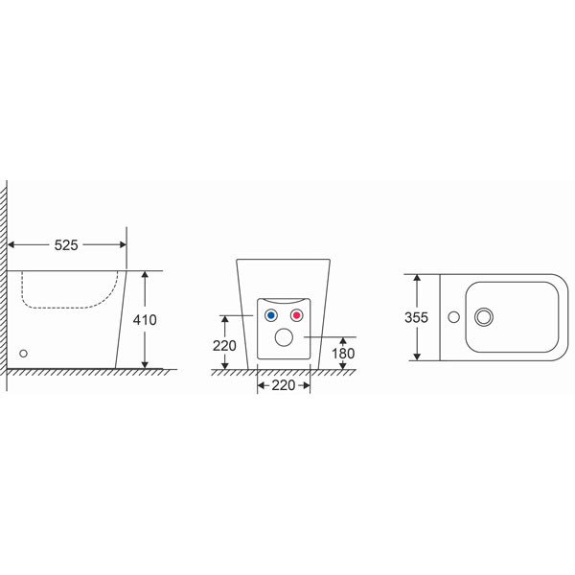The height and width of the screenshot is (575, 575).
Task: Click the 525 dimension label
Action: (66, 245)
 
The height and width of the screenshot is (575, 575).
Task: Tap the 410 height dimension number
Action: (145, 320)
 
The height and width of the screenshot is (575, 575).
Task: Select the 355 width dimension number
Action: (416, 317)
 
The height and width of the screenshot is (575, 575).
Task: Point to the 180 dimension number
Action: (343, 354)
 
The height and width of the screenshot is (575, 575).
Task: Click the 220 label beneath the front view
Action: (284, 385)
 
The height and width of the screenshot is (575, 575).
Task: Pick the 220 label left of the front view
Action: (224, 346)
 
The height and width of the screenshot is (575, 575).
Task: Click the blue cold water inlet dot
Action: (271, 315)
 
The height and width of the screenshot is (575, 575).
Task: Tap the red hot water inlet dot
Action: (297, 315)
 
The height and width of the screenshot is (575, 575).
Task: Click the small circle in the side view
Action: (23, 354)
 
